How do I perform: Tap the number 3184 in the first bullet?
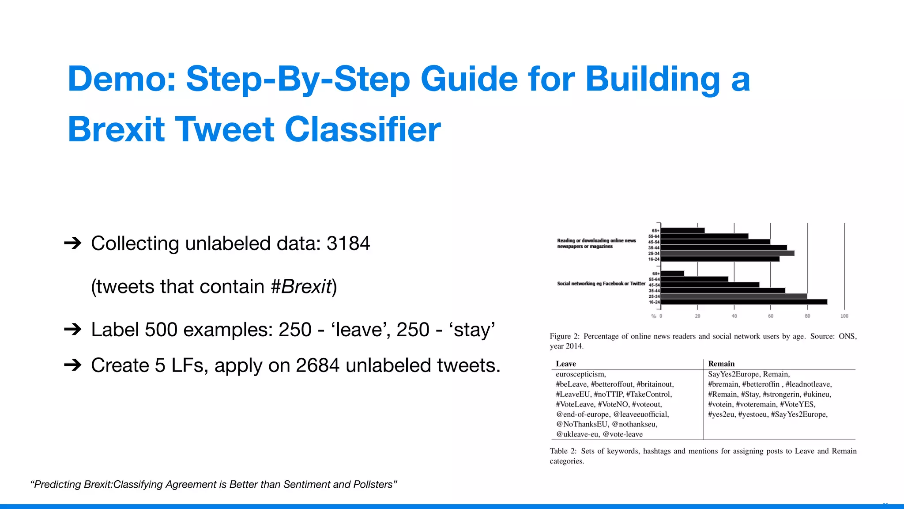point(348,243)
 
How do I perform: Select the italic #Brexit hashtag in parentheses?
point(301,287)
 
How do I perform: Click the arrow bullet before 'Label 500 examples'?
point(73,330)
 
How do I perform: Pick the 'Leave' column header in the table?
point(566,364)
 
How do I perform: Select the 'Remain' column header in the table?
point(721,364)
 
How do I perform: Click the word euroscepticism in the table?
point(580,374)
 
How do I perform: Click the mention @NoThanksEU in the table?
point(582,424)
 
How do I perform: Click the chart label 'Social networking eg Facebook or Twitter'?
point(601,284)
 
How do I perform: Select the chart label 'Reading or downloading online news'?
point(596,241)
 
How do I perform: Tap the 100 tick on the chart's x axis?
point(844,316)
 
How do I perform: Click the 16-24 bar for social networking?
point(744,302)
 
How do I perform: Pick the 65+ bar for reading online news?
point(682,230)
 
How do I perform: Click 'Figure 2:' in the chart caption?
point(565,336)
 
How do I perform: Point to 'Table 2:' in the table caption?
point(563,451)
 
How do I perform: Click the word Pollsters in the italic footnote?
point(373,484)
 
